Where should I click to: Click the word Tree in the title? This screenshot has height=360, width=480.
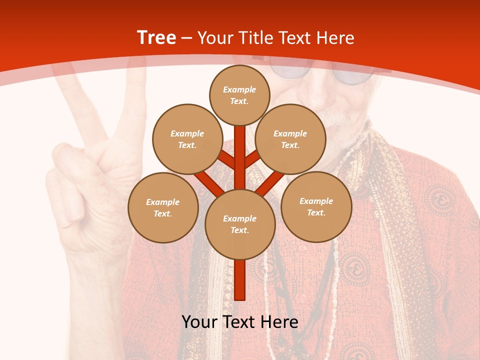(x=156, y=37)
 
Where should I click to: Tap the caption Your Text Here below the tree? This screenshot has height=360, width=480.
(x=239, y=322)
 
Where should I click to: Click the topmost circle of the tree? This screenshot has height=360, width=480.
(x=240, y=95)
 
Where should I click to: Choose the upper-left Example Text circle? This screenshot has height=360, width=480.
(x=187, y=139)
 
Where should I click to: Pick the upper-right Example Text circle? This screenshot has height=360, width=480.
(x=290, y=139)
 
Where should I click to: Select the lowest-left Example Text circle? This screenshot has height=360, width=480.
(x=163, y=207)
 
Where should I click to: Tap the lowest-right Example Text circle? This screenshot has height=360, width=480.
(x=316, y=206)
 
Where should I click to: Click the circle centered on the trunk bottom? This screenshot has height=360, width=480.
(x=240, y=224)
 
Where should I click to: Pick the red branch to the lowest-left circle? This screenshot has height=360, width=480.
(x=207, y=182)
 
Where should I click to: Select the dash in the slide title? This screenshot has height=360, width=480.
(x=187, y=38)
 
